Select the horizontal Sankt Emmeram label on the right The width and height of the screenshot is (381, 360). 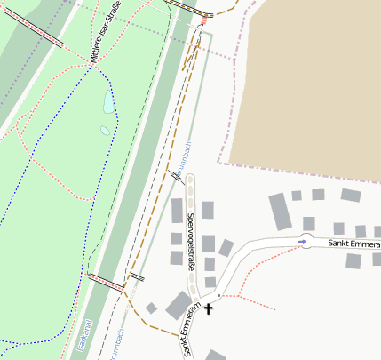tap(353, 242)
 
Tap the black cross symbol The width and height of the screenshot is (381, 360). tap(210, 309)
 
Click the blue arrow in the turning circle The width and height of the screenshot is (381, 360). tap(304, 241)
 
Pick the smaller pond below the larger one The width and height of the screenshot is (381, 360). tap(105, 131)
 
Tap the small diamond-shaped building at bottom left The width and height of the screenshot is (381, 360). tap(151, 308)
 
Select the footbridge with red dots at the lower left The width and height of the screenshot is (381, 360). tap(106, 283)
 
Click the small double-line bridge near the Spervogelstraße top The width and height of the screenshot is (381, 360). tap(178, 177)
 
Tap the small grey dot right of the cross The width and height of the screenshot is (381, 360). tap(218, 294)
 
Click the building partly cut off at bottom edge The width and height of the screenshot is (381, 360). tap(216, 356)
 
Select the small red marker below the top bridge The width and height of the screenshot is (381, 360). tap(204, 17)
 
